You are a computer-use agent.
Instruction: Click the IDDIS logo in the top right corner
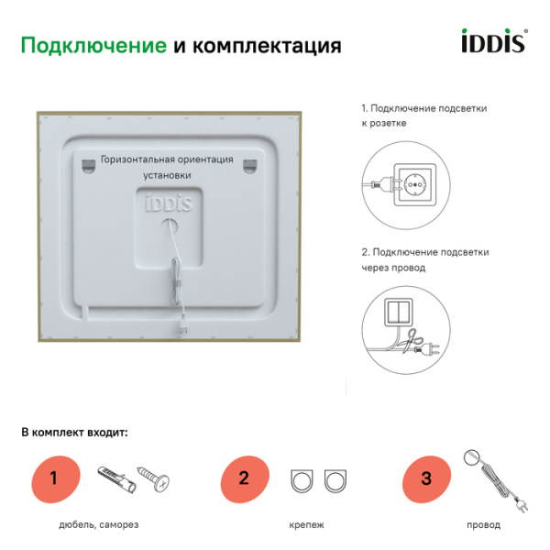[x=491, y=43]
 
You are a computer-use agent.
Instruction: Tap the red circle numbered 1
[x=53, y=478]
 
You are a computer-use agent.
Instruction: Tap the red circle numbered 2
[x=243, y=478]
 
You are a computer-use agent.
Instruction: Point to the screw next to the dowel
[x=153, y=478]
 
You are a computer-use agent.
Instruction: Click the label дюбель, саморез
[x=100, y=525]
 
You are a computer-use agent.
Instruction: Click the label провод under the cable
[x=483, y=525]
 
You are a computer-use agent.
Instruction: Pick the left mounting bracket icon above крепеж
[x=301, y=478]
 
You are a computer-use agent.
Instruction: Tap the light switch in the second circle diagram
[x=399, y=312]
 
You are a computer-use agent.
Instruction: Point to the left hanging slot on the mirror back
[x=88, y=165]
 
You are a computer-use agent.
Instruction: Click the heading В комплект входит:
[x=74, y=431]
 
